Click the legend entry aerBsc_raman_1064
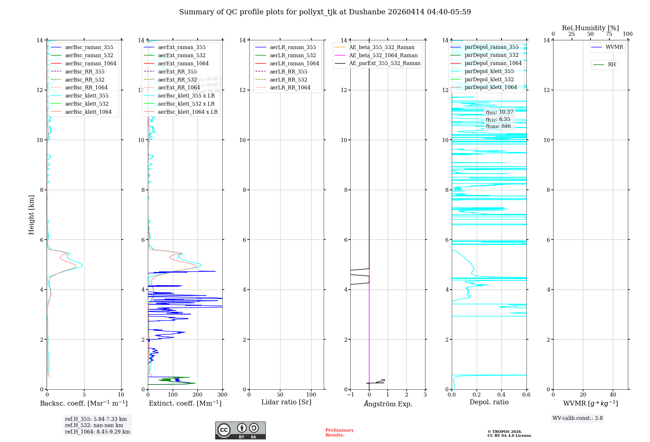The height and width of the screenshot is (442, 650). pos(91,63)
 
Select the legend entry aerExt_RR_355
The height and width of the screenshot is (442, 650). pos(177,71)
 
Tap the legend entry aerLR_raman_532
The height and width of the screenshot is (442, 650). pos(293,55)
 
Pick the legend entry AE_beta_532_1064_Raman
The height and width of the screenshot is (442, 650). pos(383,55)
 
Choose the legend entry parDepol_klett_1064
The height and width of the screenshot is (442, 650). pos(491,87)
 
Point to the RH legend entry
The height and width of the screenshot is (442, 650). pos(612,65)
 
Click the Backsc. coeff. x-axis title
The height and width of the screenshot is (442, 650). pos(84,403)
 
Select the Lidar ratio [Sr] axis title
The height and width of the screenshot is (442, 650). pos(286,402)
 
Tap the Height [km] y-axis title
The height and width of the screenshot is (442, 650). pos(31,215)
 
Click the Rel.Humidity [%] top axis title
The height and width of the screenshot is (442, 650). pos(591,28)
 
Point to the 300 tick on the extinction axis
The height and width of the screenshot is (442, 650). pos(223,395)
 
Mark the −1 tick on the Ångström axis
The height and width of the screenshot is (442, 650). pos(350,395)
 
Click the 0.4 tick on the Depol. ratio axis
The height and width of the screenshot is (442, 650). pos(501,395)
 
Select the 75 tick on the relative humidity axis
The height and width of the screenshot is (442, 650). pos(609,34)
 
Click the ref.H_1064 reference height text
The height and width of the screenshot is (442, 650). pos(97,432)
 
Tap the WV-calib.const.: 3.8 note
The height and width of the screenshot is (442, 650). pos(578,418)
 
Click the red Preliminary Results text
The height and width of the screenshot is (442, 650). pos(339,433)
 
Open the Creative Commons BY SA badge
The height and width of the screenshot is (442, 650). pos(240,431)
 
